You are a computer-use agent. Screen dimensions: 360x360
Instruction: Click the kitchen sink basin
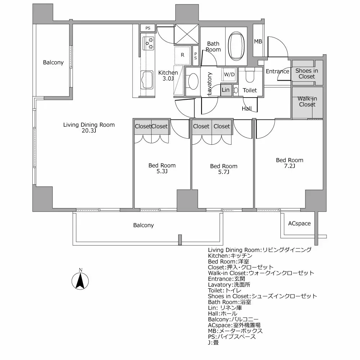[x=147, y=80]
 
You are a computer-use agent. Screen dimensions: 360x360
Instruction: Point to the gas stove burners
[x=149, y=43]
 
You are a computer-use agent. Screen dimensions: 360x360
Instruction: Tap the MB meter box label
[x=258, y=41]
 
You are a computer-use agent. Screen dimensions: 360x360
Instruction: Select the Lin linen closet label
[x=226, y=90]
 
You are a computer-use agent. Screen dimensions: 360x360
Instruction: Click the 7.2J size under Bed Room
[x=289, y=166]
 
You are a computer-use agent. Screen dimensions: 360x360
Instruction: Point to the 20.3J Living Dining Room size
[x=89, y=131]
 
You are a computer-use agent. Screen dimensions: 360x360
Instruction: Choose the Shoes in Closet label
[x=306, y=73]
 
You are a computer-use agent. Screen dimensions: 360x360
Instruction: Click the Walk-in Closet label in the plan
[x=307, y=102]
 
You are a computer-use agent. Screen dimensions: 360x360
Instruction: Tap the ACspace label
[x=299, y=223]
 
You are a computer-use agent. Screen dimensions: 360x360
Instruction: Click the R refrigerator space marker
[x=183, y=55]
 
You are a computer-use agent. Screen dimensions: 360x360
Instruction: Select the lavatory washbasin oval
[x=193, y=81]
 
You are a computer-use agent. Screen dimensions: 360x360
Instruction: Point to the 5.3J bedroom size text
[x=162, y=171]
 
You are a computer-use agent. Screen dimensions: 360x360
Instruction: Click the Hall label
[x=247, y=108]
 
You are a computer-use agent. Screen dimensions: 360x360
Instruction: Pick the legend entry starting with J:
[x=213, y=342]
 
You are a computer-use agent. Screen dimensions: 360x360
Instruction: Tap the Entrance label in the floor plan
[x=277, y=71]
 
